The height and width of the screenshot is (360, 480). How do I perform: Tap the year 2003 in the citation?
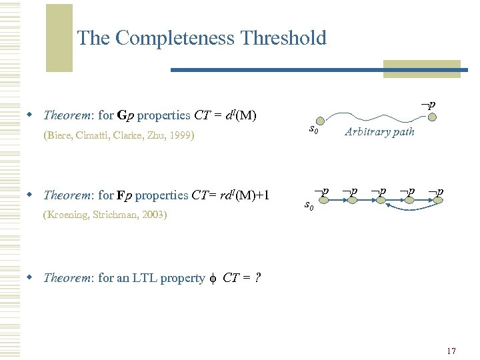point(153,215)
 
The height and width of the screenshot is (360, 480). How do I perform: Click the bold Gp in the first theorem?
point(125,115)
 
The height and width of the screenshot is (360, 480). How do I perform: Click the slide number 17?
point(451,351)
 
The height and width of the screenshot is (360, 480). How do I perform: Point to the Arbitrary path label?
point(379,132)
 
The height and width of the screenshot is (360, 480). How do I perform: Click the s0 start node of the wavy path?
point(321,119)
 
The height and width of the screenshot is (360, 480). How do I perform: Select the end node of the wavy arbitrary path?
point(432,118)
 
